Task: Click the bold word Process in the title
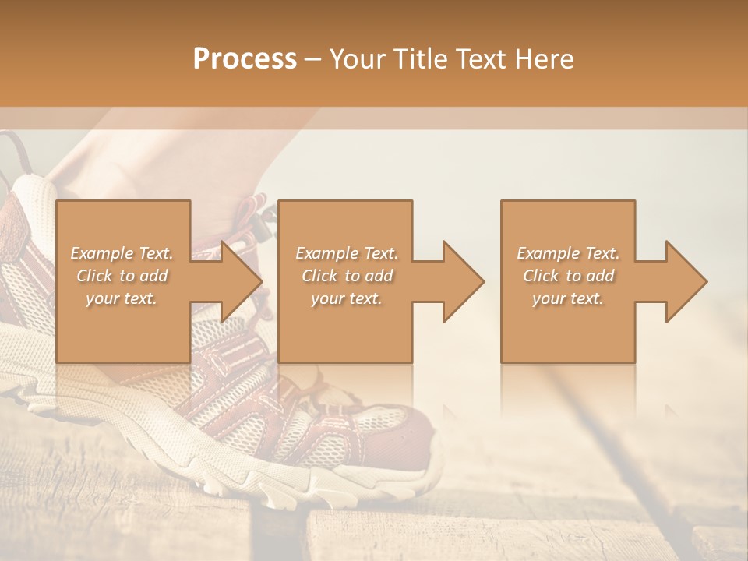[245, 59]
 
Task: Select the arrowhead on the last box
[685, 281]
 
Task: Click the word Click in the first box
[94, 276]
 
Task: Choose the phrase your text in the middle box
[346, 298]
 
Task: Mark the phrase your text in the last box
[567, 298]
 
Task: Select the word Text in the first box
[155, 253]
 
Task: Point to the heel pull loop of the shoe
[11, 152]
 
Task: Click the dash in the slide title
[312, 59]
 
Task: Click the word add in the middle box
[379, 276]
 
